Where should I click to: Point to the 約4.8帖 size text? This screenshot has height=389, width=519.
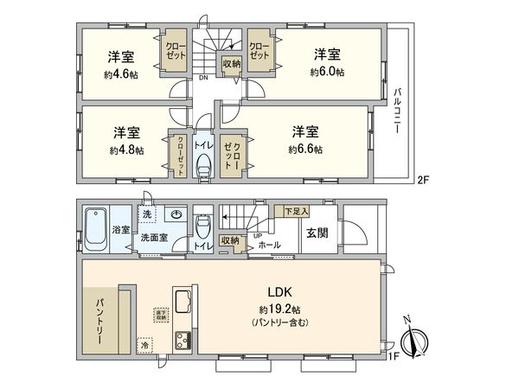(x=126, y=149)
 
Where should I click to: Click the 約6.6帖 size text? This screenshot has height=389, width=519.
(x=305, y=149)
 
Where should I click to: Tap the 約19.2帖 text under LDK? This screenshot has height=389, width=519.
(x=278, y=309)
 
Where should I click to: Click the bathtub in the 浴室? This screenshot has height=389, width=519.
(x=95, y=230)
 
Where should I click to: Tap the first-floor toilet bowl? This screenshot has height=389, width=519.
(x=203, y=227)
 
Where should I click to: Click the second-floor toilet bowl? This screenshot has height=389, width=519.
(x=204, y=165)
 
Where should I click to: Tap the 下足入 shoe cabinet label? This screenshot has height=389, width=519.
(x=298, y=210)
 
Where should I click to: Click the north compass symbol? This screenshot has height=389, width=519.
(x=415, y=338)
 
